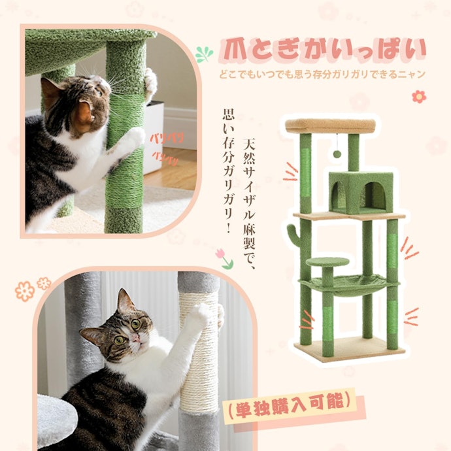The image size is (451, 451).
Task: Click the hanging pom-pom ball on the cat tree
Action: [x=337, y=154]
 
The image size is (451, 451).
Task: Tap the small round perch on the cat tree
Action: [x=327, y=261]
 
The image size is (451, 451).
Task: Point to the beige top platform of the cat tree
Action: [x=331, y=126]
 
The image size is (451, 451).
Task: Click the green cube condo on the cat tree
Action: [x=361, y=192]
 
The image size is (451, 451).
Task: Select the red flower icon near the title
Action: [x=419, y=97]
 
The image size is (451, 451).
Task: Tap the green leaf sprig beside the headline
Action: [x=204, y=54]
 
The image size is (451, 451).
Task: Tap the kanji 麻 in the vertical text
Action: [x=249, y=228]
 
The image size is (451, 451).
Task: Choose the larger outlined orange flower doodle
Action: [x=24, y=291]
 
